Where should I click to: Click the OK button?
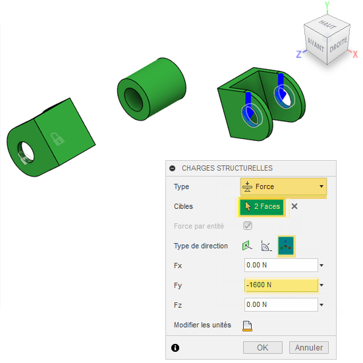262,347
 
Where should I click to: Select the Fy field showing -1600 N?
281,285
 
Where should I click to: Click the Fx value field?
281,265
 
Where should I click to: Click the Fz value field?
281,304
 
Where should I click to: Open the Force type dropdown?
283,186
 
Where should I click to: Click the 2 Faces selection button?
262,206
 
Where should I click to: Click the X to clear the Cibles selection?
294,206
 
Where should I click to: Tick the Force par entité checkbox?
248,226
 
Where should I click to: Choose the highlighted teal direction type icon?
286,246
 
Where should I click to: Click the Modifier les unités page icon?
247,326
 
